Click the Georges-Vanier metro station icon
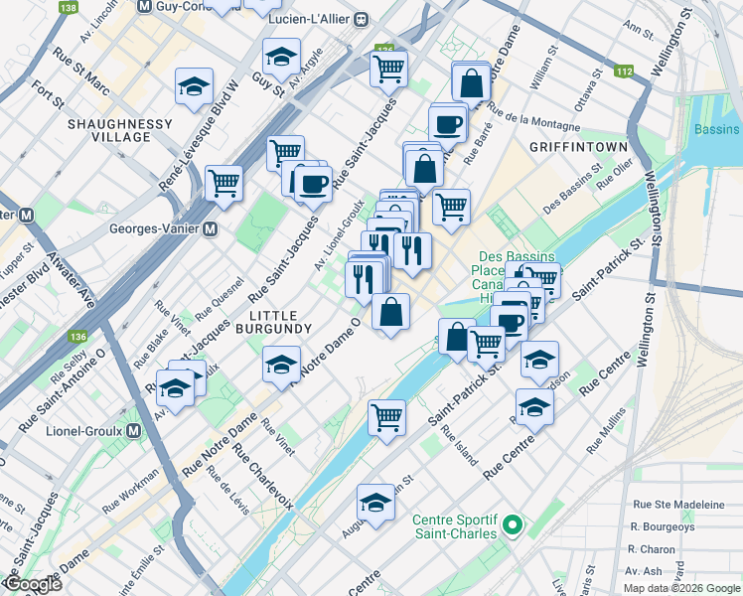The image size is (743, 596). click(210, 229)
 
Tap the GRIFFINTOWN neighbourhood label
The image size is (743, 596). click(578, 147)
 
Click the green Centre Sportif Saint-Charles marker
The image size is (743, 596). click(514, 524)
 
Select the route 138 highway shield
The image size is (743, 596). click(68, 8)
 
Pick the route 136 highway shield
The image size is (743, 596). click(78, 337)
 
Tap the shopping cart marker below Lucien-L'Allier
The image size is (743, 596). click(388, 68)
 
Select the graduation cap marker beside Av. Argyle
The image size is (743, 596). click(281, 57)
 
